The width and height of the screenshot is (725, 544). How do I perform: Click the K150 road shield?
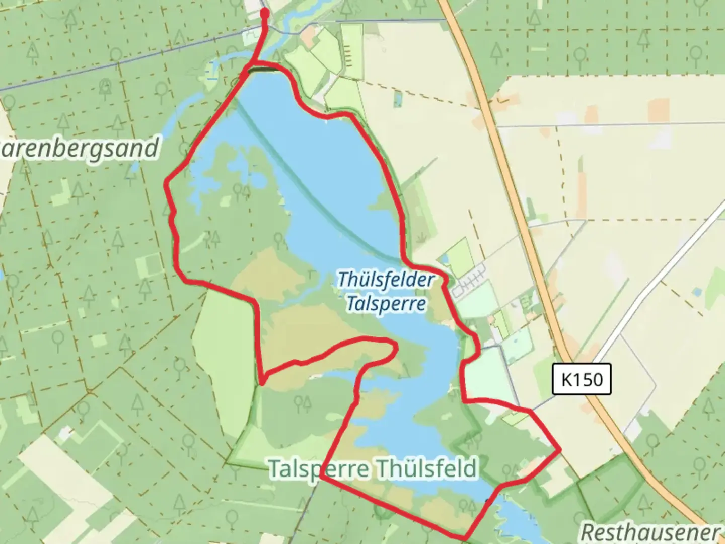tap(582, 379)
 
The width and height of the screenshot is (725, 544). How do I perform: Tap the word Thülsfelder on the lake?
tap(385, 280)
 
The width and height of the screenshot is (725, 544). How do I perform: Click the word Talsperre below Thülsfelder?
tap(386, 304)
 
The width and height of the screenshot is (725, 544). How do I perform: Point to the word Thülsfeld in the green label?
tap(426, 468)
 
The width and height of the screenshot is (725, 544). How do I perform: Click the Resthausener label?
tap(650, 532)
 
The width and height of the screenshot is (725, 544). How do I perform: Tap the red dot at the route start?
tap(265, 12)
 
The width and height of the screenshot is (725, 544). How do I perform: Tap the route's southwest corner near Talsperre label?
tap(321, 477)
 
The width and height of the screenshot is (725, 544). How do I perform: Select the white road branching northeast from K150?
tap(665, 282)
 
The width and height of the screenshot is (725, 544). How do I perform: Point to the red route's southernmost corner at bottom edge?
tap(466, 538)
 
